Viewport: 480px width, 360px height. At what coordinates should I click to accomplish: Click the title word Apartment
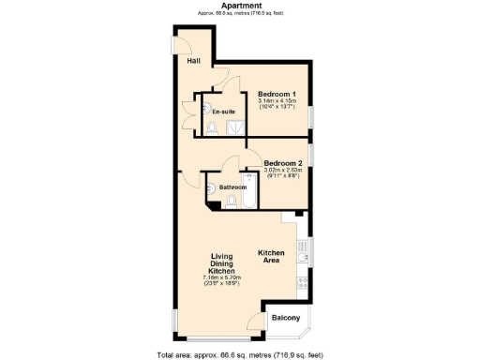pos(239,6)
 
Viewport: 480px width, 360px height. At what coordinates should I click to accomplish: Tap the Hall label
pos(193,61)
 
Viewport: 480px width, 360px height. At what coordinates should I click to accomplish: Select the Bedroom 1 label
pos(277,95)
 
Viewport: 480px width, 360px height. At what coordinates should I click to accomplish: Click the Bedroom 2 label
pos(282,162)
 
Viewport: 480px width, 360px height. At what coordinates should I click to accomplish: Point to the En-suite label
pos(223,112)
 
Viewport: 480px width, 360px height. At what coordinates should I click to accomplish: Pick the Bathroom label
pos(232,186)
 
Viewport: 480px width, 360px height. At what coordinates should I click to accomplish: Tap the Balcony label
pos(286,319)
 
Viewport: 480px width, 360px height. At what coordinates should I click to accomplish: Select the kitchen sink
pos(302,250)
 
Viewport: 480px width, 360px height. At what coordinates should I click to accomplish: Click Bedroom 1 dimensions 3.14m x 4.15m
pos(277,104)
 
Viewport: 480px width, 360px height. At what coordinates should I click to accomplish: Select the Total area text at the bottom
pos(239,354)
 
